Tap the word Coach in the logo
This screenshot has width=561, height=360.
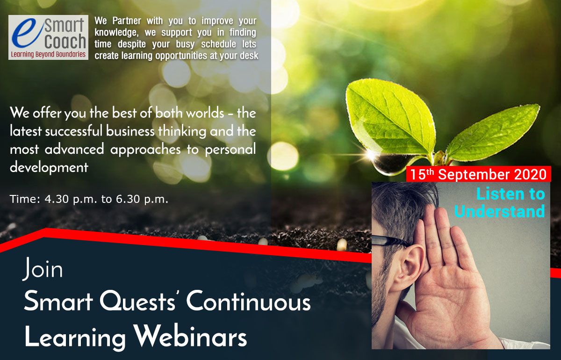point(65,41)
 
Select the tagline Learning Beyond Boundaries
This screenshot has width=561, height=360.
point(48,54)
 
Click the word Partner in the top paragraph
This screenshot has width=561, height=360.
point(127,21)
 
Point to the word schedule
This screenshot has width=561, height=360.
point(218,44)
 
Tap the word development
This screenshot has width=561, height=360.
point(49,167)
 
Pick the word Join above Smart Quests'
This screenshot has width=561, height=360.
point(43,269)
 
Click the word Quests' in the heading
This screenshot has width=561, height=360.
point(137,301)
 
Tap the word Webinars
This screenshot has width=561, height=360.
point(190,336)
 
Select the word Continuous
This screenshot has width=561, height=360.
point(248,301)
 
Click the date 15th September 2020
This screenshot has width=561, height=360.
point(478,174)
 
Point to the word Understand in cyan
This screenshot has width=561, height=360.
point(500,211)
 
